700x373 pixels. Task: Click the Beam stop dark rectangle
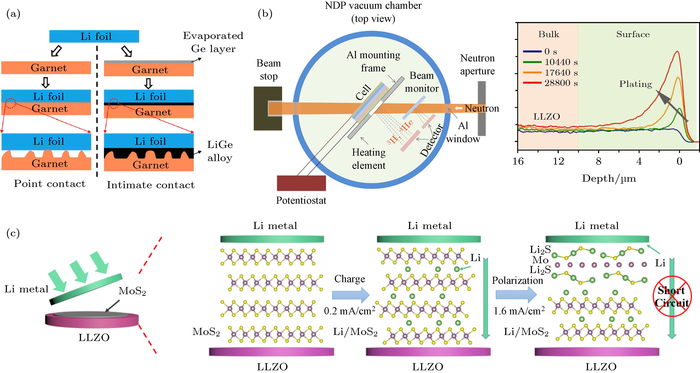tap(267, 108)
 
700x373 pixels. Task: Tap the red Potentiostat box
tap(301, 183)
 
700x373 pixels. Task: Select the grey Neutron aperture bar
tap(482, 108)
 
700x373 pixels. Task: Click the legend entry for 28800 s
tap(550, 83)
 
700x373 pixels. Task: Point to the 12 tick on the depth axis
tap(558, 161)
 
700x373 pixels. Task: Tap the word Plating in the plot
tap(635, 84)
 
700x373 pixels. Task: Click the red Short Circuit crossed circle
tap(672, 296)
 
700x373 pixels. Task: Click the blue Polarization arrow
tap(516, 295)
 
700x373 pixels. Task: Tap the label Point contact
tap(50, 184)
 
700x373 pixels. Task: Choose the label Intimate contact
tap(151, 185)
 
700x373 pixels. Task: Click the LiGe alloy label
tap(220, 151)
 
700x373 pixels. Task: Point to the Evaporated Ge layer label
tap(213, 42)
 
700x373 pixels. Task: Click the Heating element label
tap(368, 159)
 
